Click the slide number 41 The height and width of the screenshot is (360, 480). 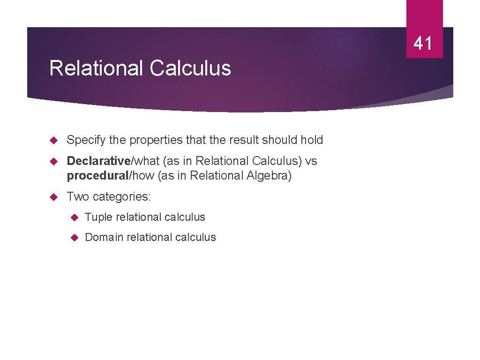click(423, 44)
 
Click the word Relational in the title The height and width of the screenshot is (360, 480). click(97, 68)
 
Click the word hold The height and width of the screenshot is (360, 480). click(312, 140)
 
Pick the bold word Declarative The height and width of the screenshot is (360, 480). click(98, 161)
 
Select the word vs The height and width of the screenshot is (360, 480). click(311, 161)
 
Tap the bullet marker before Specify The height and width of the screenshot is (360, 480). click(53, 140)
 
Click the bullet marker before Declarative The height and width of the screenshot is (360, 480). click(53, 161)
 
